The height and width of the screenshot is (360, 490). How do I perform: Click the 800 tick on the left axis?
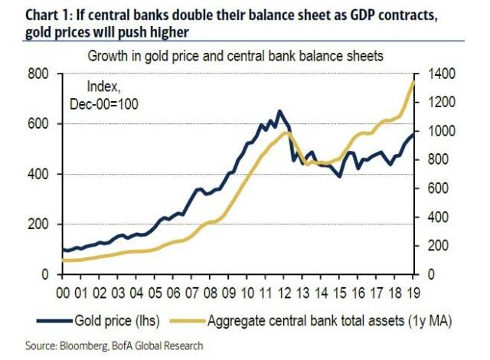coord(40,74)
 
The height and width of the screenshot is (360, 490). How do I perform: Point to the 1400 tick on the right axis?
coord(435,74)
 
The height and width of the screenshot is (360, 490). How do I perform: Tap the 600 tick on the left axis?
coord(40,124)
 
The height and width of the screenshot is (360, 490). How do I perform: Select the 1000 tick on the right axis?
coord(435,132)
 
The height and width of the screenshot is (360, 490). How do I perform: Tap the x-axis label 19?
coord(414,293)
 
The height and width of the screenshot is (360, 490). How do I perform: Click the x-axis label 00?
coord(67,293)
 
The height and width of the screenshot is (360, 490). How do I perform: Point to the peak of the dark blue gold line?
coord(279,111)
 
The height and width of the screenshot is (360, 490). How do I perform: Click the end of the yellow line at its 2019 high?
coord(414,82)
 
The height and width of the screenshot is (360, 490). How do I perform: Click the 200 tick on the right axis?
coord(435,246)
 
